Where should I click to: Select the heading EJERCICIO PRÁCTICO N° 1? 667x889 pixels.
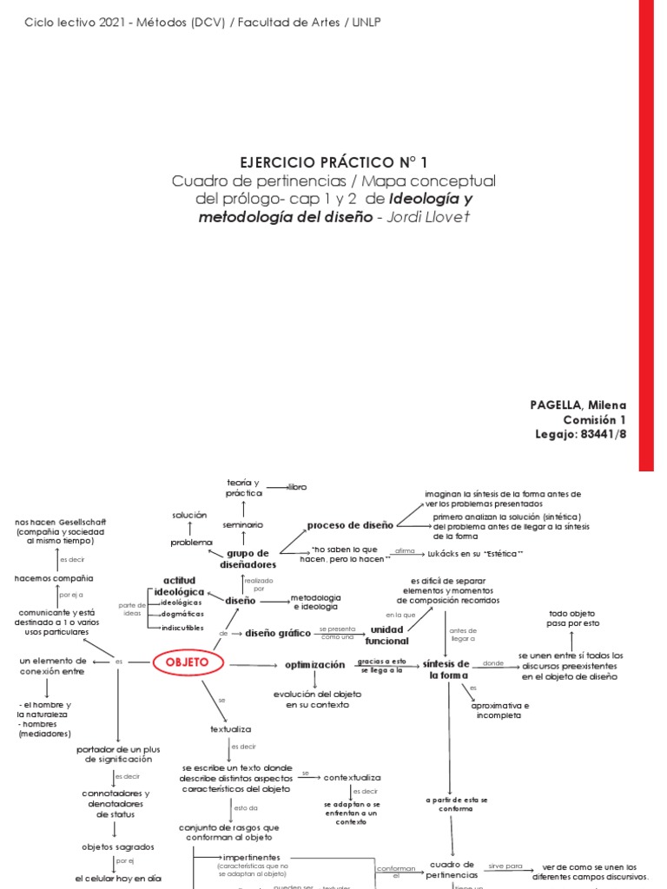point(333,162)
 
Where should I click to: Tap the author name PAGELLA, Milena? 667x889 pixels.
point(578,405)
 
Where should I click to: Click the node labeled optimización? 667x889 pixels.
point(314,665)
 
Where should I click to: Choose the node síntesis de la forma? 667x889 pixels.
point(448,669)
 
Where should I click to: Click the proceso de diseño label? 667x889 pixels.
point(349,524)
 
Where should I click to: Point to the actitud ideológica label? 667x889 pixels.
point(180,585)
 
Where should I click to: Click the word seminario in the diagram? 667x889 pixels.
point(242,525)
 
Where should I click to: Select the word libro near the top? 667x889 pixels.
point(297,487)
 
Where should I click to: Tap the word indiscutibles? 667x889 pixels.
point(183,627)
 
